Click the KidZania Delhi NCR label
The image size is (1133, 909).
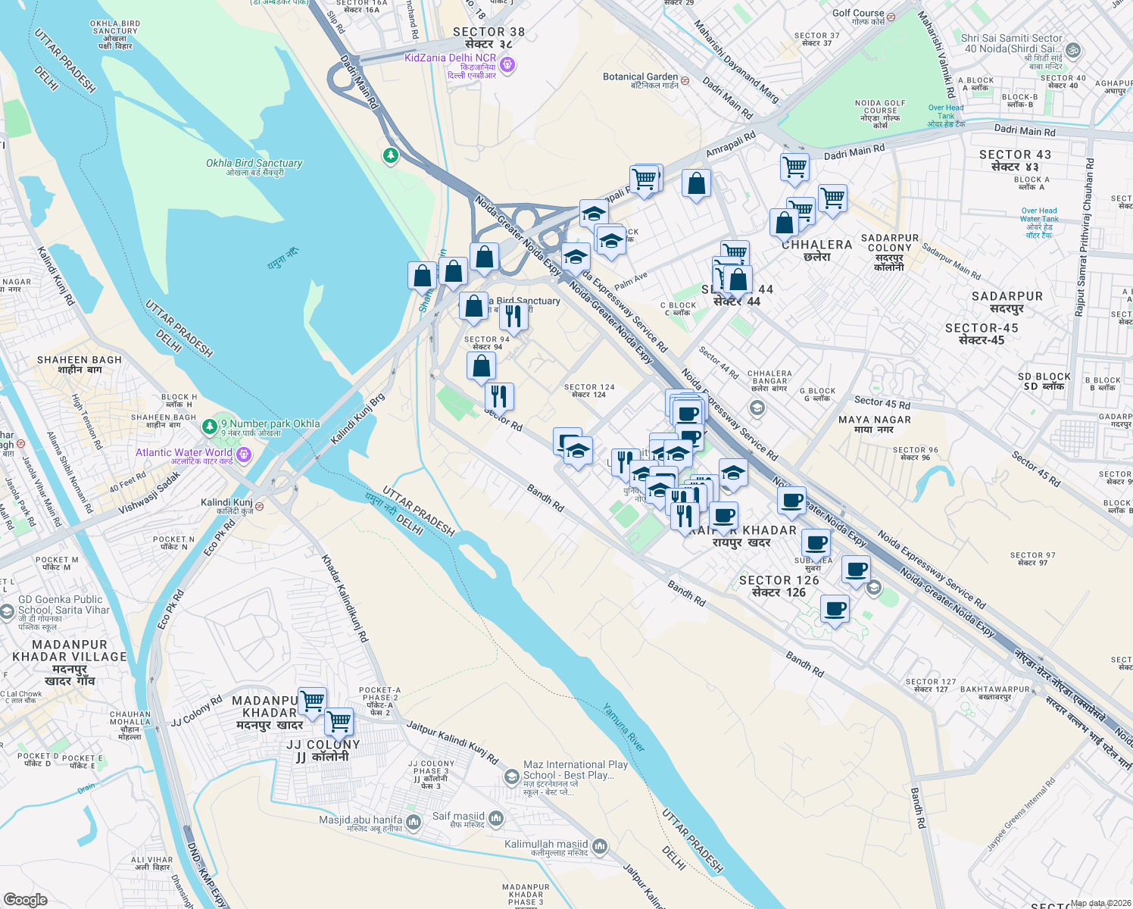tap(451, 58)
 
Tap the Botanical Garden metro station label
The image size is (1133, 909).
tap(641, 77)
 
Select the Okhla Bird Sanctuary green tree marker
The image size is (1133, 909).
tap(390, 155)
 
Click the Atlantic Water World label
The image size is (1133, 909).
tap(184, 453)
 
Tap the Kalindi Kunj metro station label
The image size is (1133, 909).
tap(226, 503)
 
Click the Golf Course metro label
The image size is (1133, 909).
tap(858, 14)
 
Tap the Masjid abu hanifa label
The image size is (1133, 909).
tap(360, 820)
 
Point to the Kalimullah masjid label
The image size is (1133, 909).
tap(546, 844)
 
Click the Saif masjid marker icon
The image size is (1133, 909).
tap(496, 817)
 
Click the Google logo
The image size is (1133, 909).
tap(25, 900)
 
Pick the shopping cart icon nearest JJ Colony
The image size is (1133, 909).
tap(339, 722)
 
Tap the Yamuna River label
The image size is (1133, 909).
tap(624, 728)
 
